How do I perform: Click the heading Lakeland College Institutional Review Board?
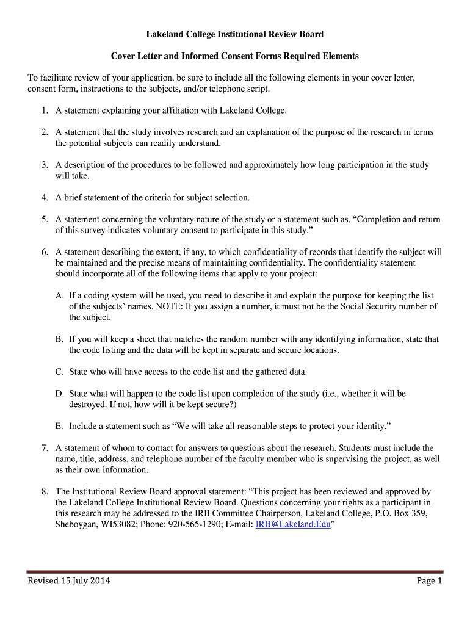click(x=234, y=34)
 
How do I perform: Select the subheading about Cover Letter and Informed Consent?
click(x=234, y=56)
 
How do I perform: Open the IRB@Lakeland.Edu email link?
click(x=292, y=524)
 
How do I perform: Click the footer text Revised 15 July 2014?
click(x=69, y=581)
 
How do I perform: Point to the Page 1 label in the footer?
click(x=429, y=581)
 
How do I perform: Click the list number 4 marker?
click(x=45, y=198)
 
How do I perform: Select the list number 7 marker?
click(x=45, y=448)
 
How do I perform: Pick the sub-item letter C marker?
click(x=59, y=372)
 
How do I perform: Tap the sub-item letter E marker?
click(x=59, y=426)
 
